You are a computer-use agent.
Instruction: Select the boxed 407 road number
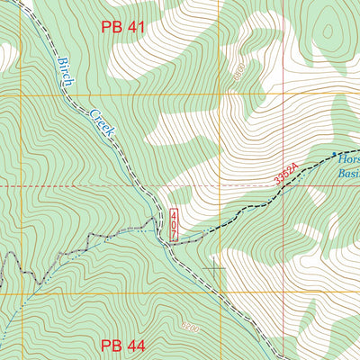173,224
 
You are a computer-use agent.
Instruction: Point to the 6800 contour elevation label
238,76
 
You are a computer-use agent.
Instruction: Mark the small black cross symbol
214,268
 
